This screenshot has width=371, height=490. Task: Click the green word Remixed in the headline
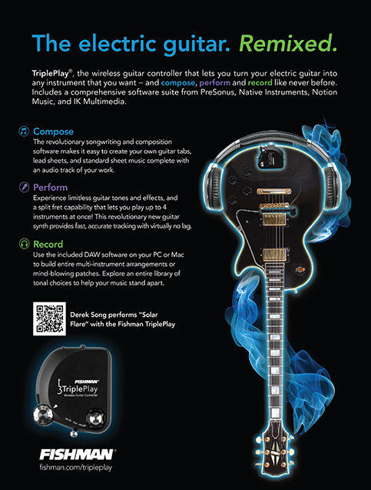point(288,43)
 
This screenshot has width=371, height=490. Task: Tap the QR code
point(49,318)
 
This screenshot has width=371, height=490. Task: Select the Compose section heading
point(53,132)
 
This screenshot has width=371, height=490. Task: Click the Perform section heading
point(50,187)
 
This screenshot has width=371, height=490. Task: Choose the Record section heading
point(48,244)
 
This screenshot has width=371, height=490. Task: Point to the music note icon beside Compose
point(24,132)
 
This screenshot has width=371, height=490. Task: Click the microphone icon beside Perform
point(24,187)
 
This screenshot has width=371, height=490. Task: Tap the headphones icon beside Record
point(24,244)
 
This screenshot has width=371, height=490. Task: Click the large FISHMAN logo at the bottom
point(77,455)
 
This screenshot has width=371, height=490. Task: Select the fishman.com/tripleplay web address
point(76,468)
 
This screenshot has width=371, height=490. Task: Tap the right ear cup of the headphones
point(330,188)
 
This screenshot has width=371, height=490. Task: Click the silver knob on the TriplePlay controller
point(43,415)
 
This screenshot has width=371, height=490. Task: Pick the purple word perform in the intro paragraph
point(214,83)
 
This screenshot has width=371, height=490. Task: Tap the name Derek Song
point(88,315)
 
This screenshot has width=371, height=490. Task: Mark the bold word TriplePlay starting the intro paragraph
point(51,74)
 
